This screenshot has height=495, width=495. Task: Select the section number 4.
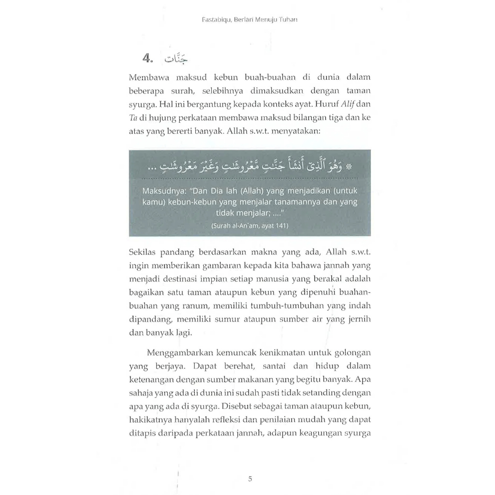[147, 59]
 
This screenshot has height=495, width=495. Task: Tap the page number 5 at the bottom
[250, 479]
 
